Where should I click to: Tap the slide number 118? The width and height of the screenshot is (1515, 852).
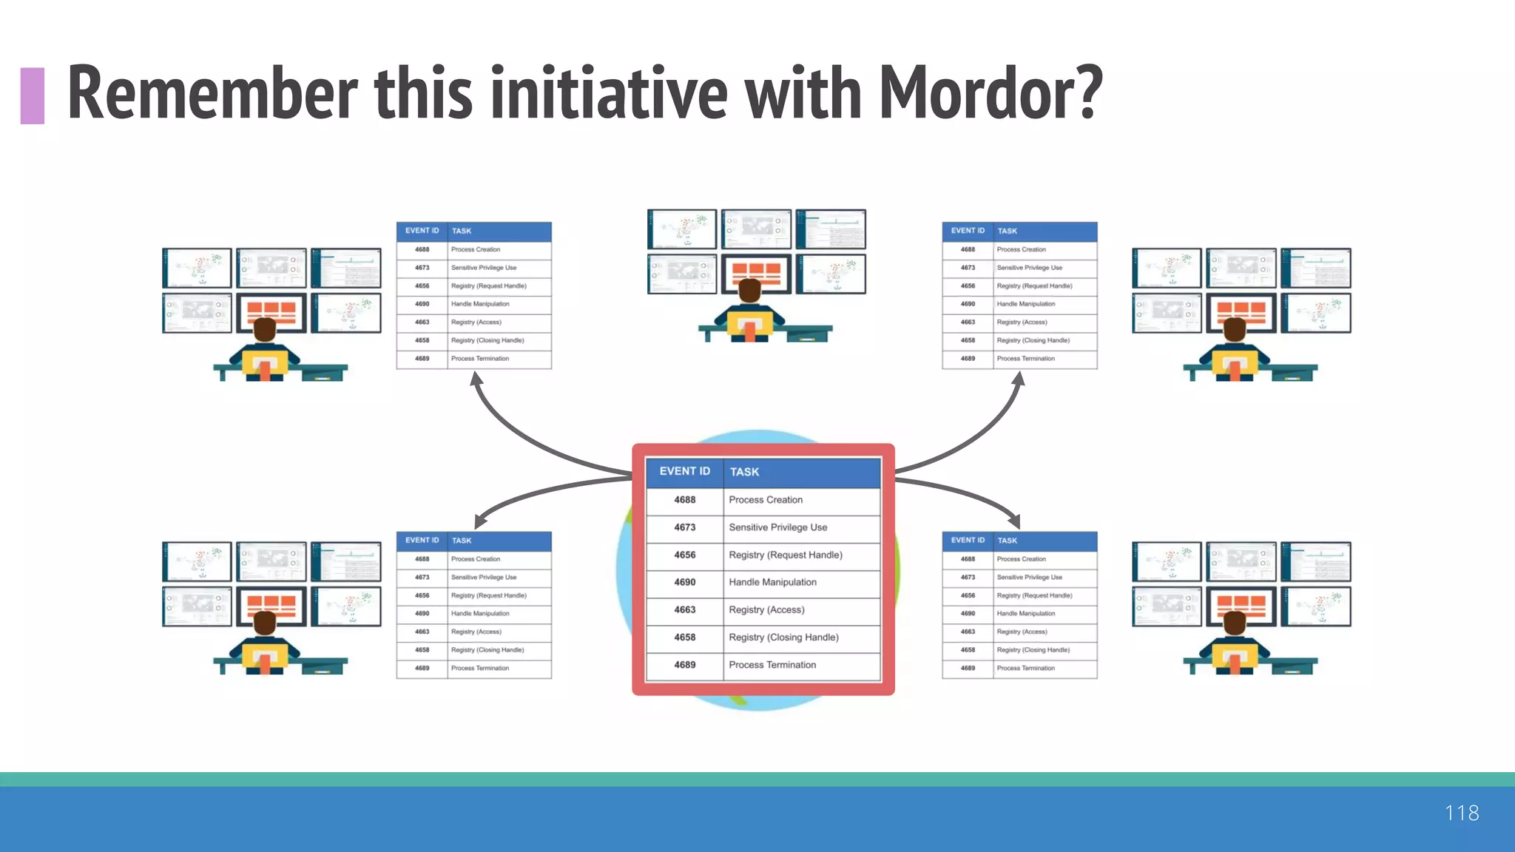click(x=1461, y=813)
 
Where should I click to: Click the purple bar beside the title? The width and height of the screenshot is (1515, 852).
click(x=33, y=95)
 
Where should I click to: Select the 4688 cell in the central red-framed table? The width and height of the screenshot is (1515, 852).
click(x=684, y=500)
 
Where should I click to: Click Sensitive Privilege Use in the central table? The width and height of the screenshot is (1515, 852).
click(x=777, y=527)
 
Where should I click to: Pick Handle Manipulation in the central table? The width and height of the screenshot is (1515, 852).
click(x=772, y=582)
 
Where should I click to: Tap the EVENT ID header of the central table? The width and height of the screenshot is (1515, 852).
click(x=684, y=471)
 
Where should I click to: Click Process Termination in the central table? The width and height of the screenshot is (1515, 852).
click(x=772, y=665)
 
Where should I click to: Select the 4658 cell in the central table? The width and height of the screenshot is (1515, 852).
click(x=684, y=637)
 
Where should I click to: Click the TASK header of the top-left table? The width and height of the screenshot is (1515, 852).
click(x=462, y=231)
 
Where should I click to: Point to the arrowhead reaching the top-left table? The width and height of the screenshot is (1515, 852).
click(x=476, y=379)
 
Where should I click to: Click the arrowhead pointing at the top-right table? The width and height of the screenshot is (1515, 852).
click(x=1019, y=379)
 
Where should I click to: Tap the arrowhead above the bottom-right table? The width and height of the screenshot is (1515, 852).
click(x=1013, y=521)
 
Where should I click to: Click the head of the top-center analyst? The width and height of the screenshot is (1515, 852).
click(x=749, y=291)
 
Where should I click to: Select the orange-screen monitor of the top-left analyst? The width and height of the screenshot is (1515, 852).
click(x=271, y=311)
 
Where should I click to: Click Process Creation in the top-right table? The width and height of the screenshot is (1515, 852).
click(x=1021, y=249)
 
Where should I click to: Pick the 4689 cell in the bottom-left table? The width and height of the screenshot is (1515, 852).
click(x=422, y=668)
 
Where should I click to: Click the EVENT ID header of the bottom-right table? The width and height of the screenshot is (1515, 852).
click(x=968, y=540)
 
